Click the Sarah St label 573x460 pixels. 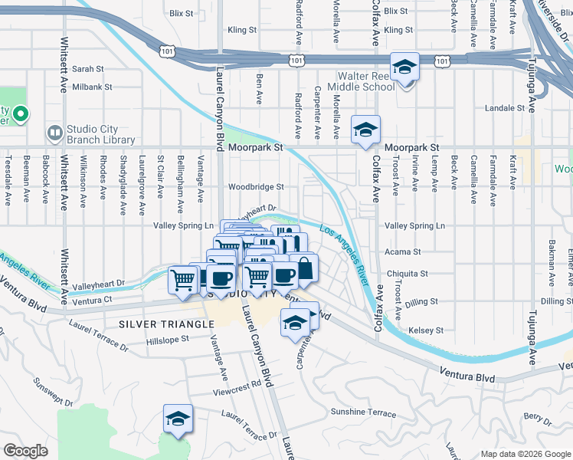click(88, 69)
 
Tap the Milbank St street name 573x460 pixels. click(92, 87)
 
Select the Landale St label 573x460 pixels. click(504, 108)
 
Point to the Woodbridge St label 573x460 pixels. click(256, 187)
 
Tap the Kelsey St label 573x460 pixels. click(427, 330)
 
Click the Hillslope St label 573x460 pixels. click(167, 339)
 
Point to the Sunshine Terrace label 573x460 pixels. click(363, 412)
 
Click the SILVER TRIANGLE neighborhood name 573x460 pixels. click(166, 324)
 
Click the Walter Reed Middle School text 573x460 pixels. click(367, 82)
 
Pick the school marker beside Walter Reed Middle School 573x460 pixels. click(404, 67)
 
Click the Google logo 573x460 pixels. click(25, 452)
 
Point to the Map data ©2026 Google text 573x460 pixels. click(525, 454)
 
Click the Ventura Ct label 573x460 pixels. click(95, 300)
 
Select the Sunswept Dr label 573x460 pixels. click(52, 389)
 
